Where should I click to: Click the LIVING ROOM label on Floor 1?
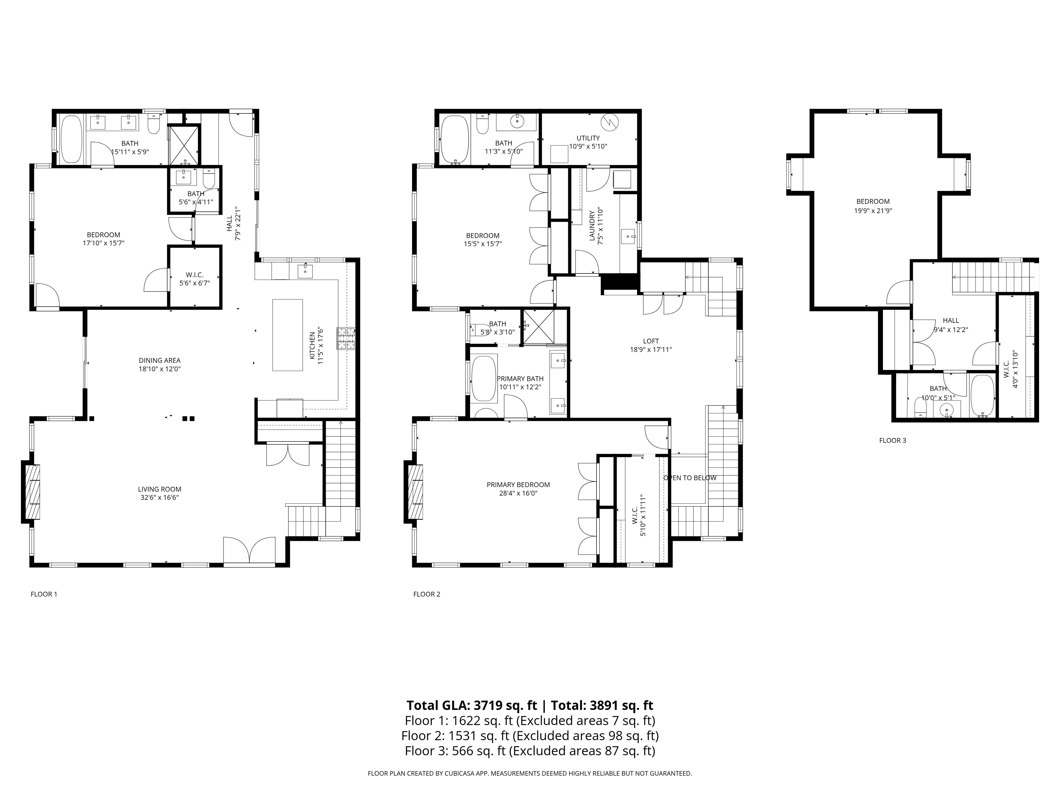point(160,489)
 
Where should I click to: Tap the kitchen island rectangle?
point(288,335)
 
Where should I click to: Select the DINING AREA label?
point(160,360)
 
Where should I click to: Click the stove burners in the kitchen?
point(346,338)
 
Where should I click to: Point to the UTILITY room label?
point(588,138)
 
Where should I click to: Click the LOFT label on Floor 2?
point(651,341)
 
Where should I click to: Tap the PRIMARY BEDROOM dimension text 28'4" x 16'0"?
point(518,493)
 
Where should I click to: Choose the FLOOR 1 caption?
point(44,594)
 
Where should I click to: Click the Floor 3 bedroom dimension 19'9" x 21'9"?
point(873,210)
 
